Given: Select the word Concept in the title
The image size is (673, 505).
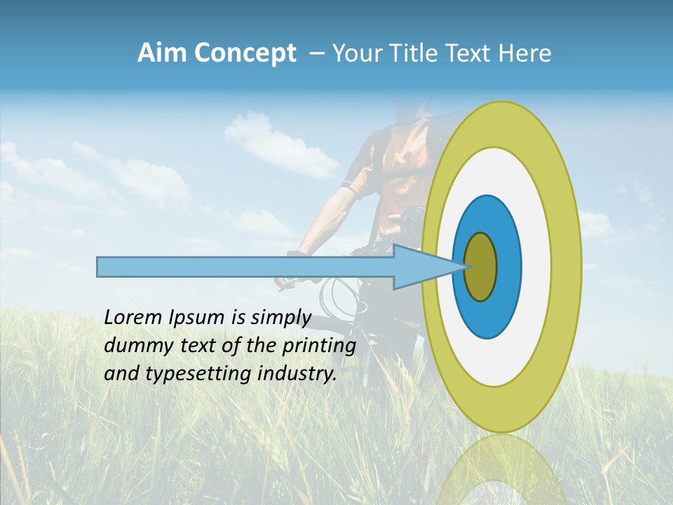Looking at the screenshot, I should coord(245,53).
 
